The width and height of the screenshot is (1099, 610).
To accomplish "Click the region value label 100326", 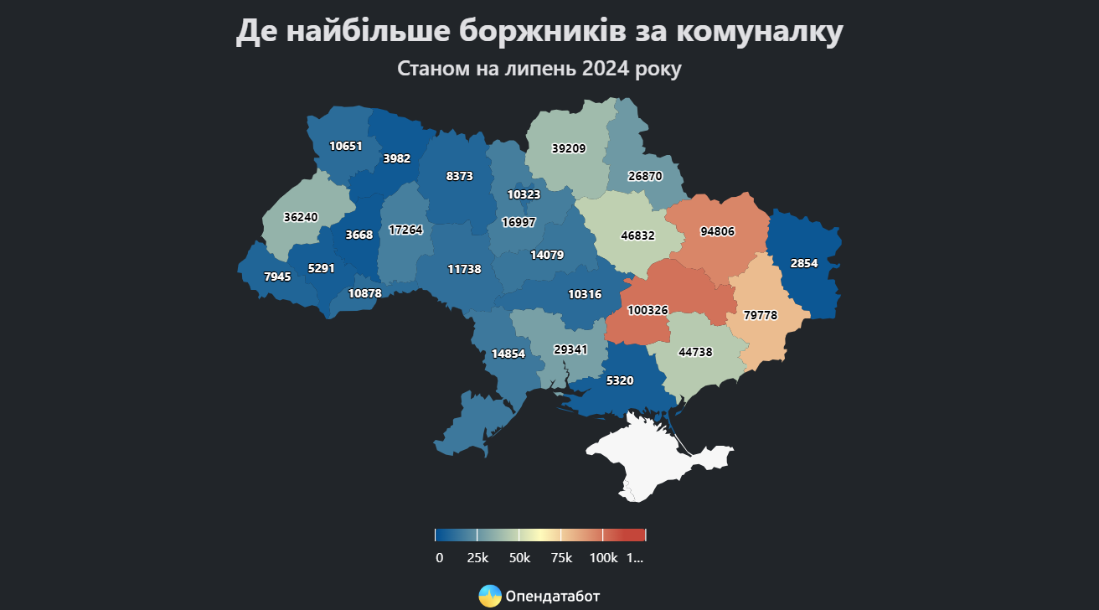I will (x=648, y=310).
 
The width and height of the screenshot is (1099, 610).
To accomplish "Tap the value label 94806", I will (x=717, y=232).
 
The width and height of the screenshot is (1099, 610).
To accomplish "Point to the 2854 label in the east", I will (x=804, y=263).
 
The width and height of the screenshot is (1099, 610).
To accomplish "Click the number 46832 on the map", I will (x=638, y=237).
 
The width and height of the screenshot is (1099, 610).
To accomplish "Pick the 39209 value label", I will (x=569, y=148).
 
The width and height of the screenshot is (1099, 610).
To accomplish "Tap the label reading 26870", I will (x=645, y=177).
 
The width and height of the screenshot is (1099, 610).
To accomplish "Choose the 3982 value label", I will (x=396, y=158).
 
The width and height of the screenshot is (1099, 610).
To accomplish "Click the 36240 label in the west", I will (x=301, y=216).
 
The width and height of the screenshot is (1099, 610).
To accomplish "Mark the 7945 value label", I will (x=277, y=276).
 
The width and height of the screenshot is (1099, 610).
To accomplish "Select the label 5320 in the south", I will (x=620, y=380).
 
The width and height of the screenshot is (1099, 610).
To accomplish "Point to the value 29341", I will (x=570, y=349).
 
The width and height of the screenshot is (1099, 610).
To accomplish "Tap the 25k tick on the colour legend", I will (x=477, y=558).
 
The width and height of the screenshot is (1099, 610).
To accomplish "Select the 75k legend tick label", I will (x=561, y=558).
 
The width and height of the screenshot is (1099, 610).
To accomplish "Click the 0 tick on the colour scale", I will (x=439, y=558).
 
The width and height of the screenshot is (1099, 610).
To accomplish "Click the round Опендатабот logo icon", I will (x=490, y=596).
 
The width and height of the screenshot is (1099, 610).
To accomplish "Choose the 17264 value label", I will (x=406, y=229).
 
